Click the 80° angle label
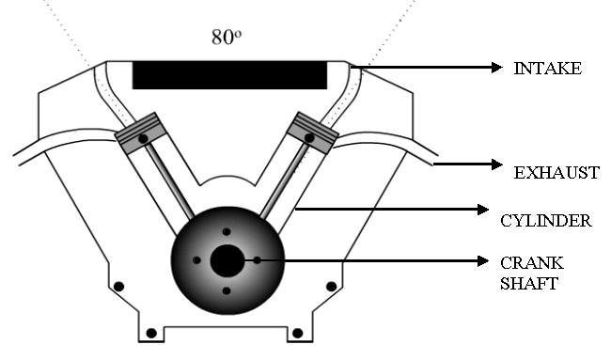tap(227, 37)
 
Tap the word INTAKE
tap(547, 69)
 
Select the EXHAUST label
tap(556, 173)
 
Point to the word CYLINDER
tap(546, 221)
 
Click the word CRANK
tap(532, 263)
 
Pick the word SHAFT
tap(529, 283)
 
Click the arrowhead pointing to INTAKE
tap(497, 68)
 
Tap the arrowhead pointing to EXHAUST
tap(497, 164)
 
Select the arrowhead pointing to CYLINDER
tap(483, 210)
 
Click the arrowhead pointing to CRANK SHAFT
tap(483, 261)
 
